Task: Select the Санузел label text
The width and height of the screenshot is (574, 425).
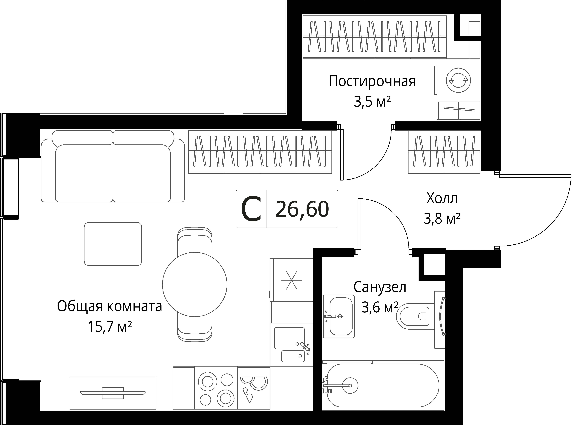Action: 380,287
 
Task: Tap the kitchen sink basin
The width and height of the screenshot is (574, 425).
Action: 289,338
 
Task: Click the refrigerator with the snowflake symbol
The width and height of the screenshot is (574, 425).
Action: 291,280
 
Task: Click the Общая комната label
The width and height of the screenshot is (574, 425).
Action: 109,306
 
